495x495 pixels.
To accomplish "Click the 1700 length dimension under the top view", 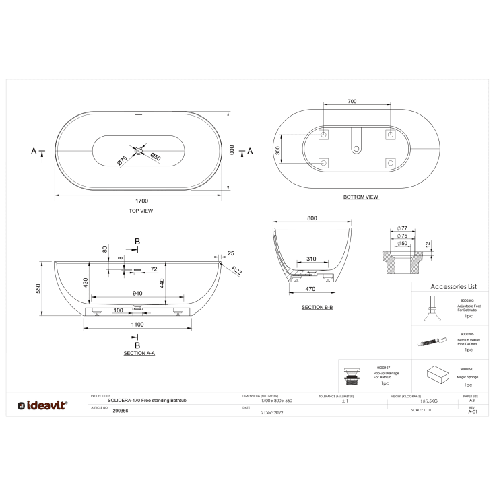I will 141,201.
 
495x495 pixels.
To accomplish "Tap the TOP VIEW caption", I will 141,211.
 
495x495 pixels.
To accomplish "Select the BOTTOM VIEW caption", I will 360,197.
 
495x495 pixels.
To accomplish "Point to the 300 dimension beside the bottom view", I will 277,150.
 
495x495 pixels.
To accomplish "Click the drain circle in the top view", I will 139,150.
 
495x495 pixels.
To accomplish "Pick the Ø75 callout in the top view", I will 122,160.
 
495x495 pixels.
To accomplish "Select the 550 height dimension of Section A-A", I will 39,288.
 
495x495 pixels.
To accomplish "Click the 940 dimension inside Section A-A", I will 137,294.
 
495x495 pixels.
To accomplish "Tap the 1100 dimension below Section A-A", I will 137,325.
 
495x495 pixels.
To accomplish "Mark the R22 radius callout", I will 237,269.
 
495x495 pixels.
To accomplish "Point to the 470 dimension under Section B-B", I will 310,288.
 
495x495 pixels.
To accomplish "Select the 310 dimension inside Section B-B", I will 311,259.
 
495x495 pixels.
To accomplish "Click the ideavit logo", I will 42,405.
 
